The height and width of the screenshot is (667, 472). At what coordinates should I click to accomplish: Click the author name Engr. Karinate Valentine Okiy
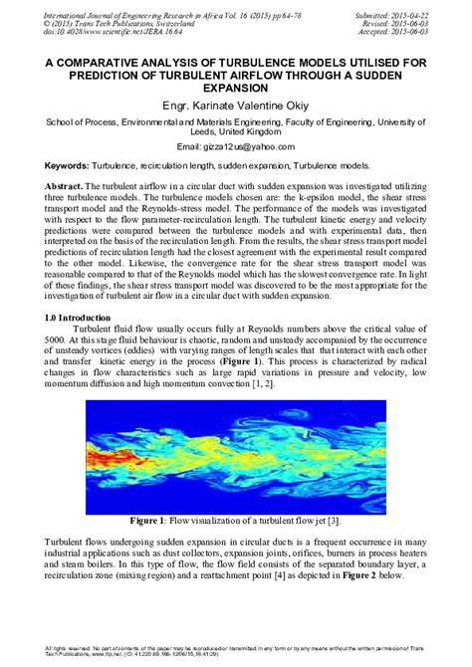(236, 104)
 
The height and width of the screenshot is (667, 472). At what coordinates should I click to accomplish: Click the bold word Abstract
(70, 187)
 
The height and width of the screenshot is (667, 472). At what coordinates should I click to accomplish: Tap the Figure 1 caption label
(150, 520)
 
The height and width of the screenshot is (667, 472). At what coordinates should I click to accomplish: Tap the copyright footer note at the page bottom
(236, 652)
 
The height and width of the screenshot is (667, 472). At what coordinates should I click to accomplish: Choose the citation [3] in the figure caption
(335, 520)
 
